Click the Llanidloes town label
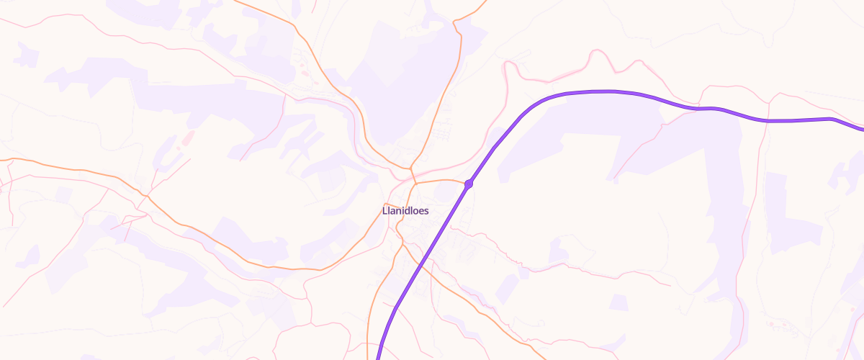(405, 212)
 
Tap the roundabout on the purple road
(469, 184)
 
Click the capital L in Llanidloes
(384, 212)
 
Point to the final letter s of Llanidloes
(427, 212)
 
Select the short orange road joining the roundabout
(441, 180)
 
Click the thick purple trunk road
(612, 91)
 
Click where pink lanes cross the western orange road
(147, 195)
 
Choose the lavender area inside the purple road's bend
(576, 137)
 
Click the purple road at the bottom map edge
(379, 356)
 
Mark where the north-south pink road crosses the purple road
(768, 121)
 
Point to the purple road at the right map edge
(860, 130)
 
